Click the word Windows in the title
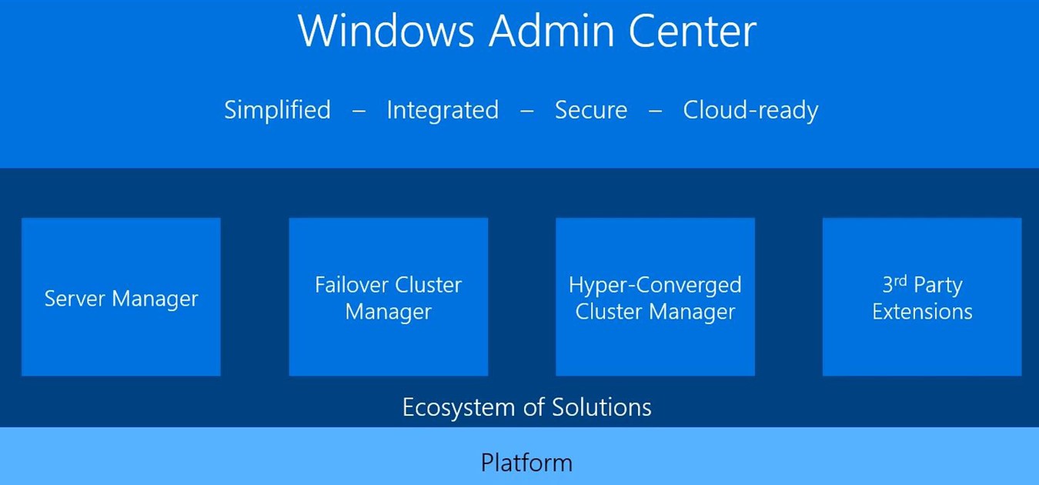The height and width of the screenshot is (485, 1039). pos(386,31)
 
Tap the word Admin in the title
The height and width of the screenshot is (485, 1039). pos(552,31)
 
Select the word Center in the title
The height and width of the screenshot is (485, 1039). pos(693,31)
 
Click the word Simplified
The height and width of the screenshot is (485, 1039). pos(277,110)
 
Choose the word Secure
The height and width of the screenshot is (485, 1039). pos(591,110)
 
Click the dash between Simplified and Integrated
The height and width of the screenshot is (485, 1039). pos(359,112)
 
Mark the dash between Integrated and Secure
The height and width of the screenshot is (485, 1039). pos(526,112)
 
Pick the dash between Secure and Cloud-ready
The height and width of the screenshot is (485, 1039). pos(655,112)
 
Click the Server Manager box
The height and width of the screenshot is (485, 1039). pos(121,297)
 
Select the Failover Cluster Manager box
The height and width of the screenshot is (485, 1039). pos(388,297)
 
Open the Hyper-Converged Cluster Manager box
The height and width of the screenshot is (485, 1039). pos(655,297)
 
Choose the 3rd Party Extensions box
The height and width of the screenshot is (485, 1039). pos(922,297)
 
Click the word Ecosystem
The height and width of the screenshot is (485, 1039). pos(459,408)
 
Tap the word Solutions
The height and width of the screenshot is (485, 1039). pos(602,407)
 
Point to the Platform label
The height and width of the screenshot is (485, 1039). pos(526,463)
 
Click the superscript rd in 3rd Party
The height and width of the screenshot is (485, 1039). pos(900,280)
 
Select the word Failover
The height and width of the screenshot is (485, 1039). pos(352,285)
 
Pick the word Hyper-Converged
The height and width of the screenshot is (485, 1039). pos(655,286)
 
